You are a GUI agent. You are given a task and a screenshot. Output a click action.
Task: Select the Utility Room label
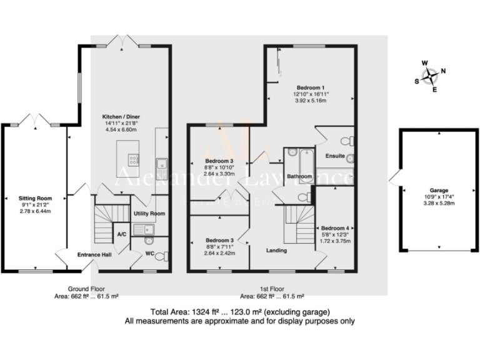pyautogui.click(x=149, y=214)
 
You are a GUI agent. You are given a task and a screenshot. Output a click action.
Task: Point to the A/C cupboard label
pyautogui.click(x=122, y=234)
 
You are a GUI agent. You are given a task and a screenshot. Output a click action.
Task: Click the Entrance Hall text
pyautogui.click(x=93, y=255)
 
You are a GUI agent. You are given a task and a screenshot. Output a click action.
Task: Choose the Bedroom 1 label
pyautogui.click(x=311, y=87)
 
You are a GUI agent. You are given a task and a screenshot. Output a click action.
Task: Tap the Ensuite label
pyautogui.click(x=335, y=156)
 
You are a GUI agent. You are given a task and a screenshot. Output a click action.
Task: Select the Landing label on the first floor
pyautogui.click(x=276, y=251)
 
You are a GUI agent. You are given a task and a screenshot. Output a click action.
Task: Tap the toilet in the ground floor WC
pyautogui.click(x=162, y=256)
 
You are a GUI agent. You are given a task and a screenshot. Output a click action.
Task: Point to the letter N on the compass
pyautogui.click(x=443, y=71)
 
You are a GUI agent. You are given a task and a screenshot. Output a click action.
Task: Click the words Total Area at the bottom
pyautogui.click(x=169, y=312)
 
